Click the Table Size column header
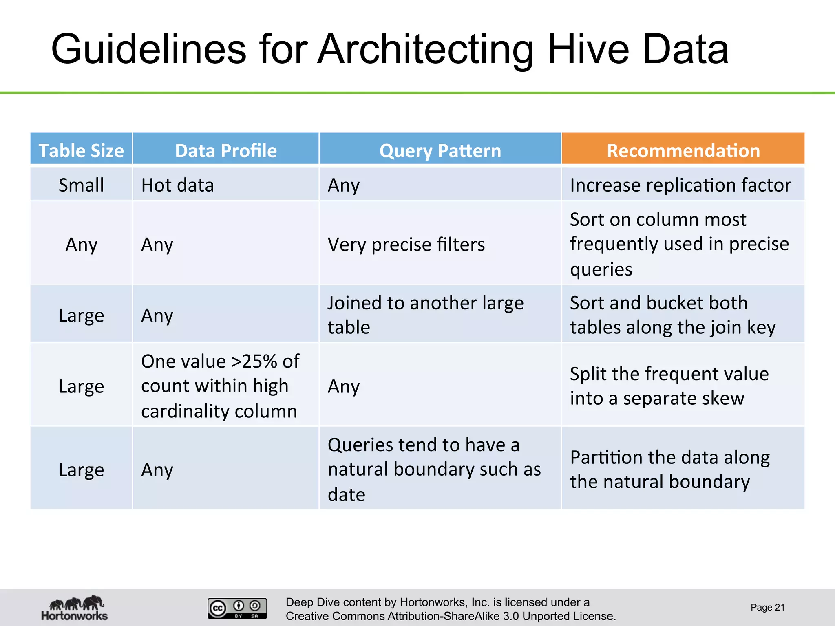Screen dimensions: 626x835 click(81, 150)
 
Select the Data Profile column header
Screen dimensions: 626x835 click(225, 150)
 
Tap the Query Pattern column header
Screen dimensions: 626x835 click(440, 150)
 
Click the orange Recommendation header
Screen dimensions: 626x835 click(683, 150)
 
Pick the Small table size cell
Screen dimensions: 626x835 click(81, 185)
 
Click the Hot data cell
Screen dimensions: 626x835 click(177, 185)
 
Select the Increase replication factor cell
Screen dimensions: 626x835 click(680, 185)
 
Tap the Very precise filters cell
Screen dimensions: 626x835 click(406, 245)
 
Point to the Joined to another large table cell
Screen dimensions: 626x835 click(425, 315)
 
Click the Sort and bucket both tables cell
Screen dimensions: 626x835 click(672, 315)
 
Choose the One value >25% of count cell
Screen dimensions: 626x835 click(220, 386)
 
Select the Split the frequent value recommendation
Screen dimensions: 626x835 click(669, 386)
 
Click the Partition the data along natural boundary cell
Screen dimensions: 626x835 click(669, 469)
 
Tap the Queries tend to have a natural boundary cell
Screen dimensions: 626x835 click(434, 469)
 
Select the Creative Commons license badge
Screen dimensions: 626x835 click(237, 608)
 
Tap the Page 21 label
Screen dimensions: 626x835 click(767, 607)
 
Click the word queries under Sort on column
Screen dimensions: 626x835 click(601, 269)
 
